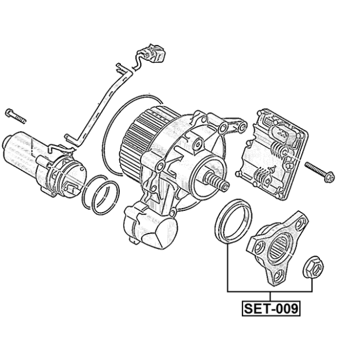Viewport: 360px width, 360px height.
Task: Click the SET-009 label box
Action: pos(271,308)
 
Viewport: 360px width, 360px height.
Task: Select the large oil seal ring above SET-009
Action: pos(233,220)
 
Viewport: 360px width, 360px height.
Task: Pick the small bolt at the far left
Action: pos(16,116)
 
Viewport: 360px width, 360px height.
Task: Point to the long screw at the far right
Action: pos(319,172)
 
